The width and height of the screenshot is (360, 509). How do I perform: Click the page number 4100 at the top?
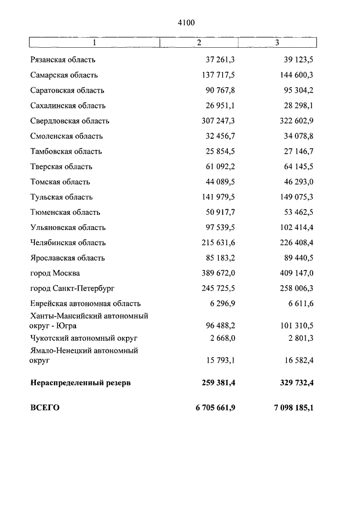186,23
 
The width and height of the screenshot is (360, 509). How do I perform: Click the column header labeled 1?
94,43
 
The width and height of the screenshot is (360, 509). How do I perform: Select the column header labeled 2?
199,43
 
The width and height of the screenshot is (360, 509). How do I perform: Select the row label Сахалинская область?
67,106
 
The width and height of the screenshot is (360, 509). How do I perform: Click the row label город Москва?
55,273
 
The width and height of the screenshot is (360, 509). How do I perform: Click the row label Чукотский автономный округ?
84,338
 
